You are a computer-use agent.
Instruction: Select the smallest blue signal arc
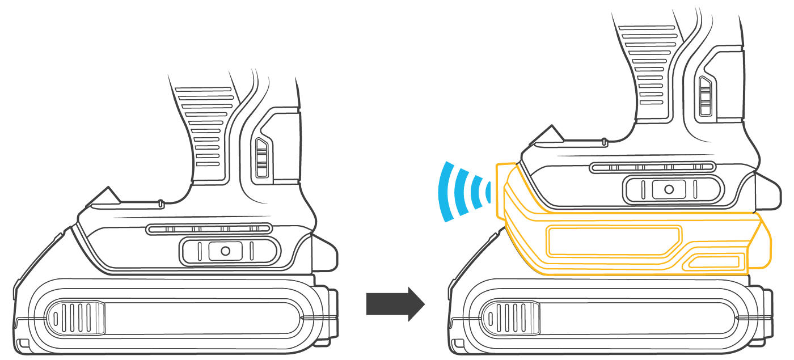coord(488,193)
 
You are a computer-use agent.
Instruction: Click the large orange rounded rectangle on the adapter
coord(615,240)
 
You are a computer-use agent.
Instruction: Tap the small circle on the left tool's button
coord(225,251)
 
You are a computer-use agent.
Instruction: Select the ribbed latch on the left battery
coord(76,317)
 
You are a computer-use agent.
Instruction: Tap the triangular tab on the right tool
coord(547,135)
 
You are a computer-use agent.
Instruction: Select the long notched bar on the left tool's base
coord(209,229)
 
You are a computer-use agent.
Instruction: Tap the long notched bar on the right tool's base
coord(652,167)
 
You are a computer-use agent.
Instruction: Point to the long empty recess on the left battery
coord(204,317)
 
